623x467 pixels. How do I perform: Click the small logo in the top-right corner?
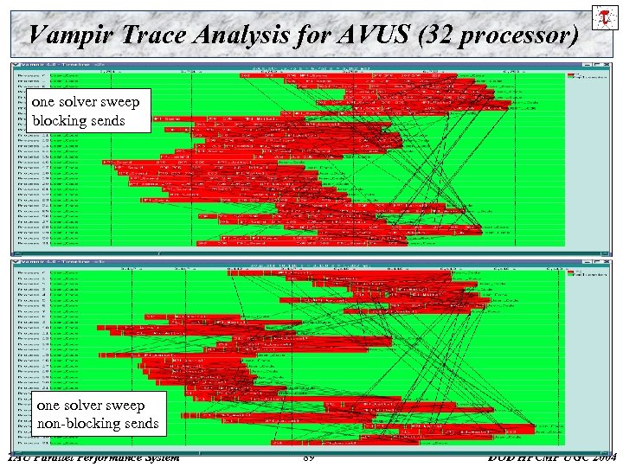pyautogui.click(x=603, y=18)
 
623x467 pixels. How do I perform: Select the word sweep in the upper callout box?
pyautogui.click(x=119, y=102)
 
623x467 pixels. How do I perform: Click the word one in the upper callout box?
pyautogui.click(x=44, y=102)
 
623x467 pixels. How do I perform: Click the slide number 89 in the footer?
pyautogui.click(x=310, y=457)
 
